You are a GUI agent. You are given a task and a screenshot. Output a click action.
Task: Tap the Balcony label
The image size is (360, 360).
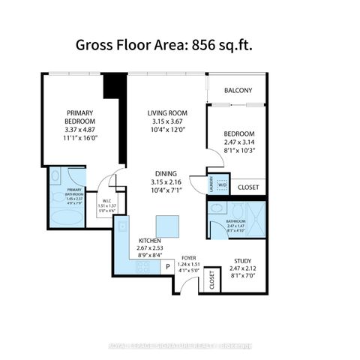pos(236,91)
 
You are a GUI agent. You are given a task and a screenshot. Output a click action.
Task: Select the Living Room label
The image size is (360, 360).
pos(166,113)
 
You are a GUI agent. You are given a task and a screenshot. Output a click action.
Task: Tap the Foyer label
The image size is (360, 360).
pos(189,258)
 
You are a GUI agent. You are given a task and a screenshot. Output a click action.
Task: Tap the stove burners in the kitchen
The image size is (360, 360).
pos(143,266)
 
